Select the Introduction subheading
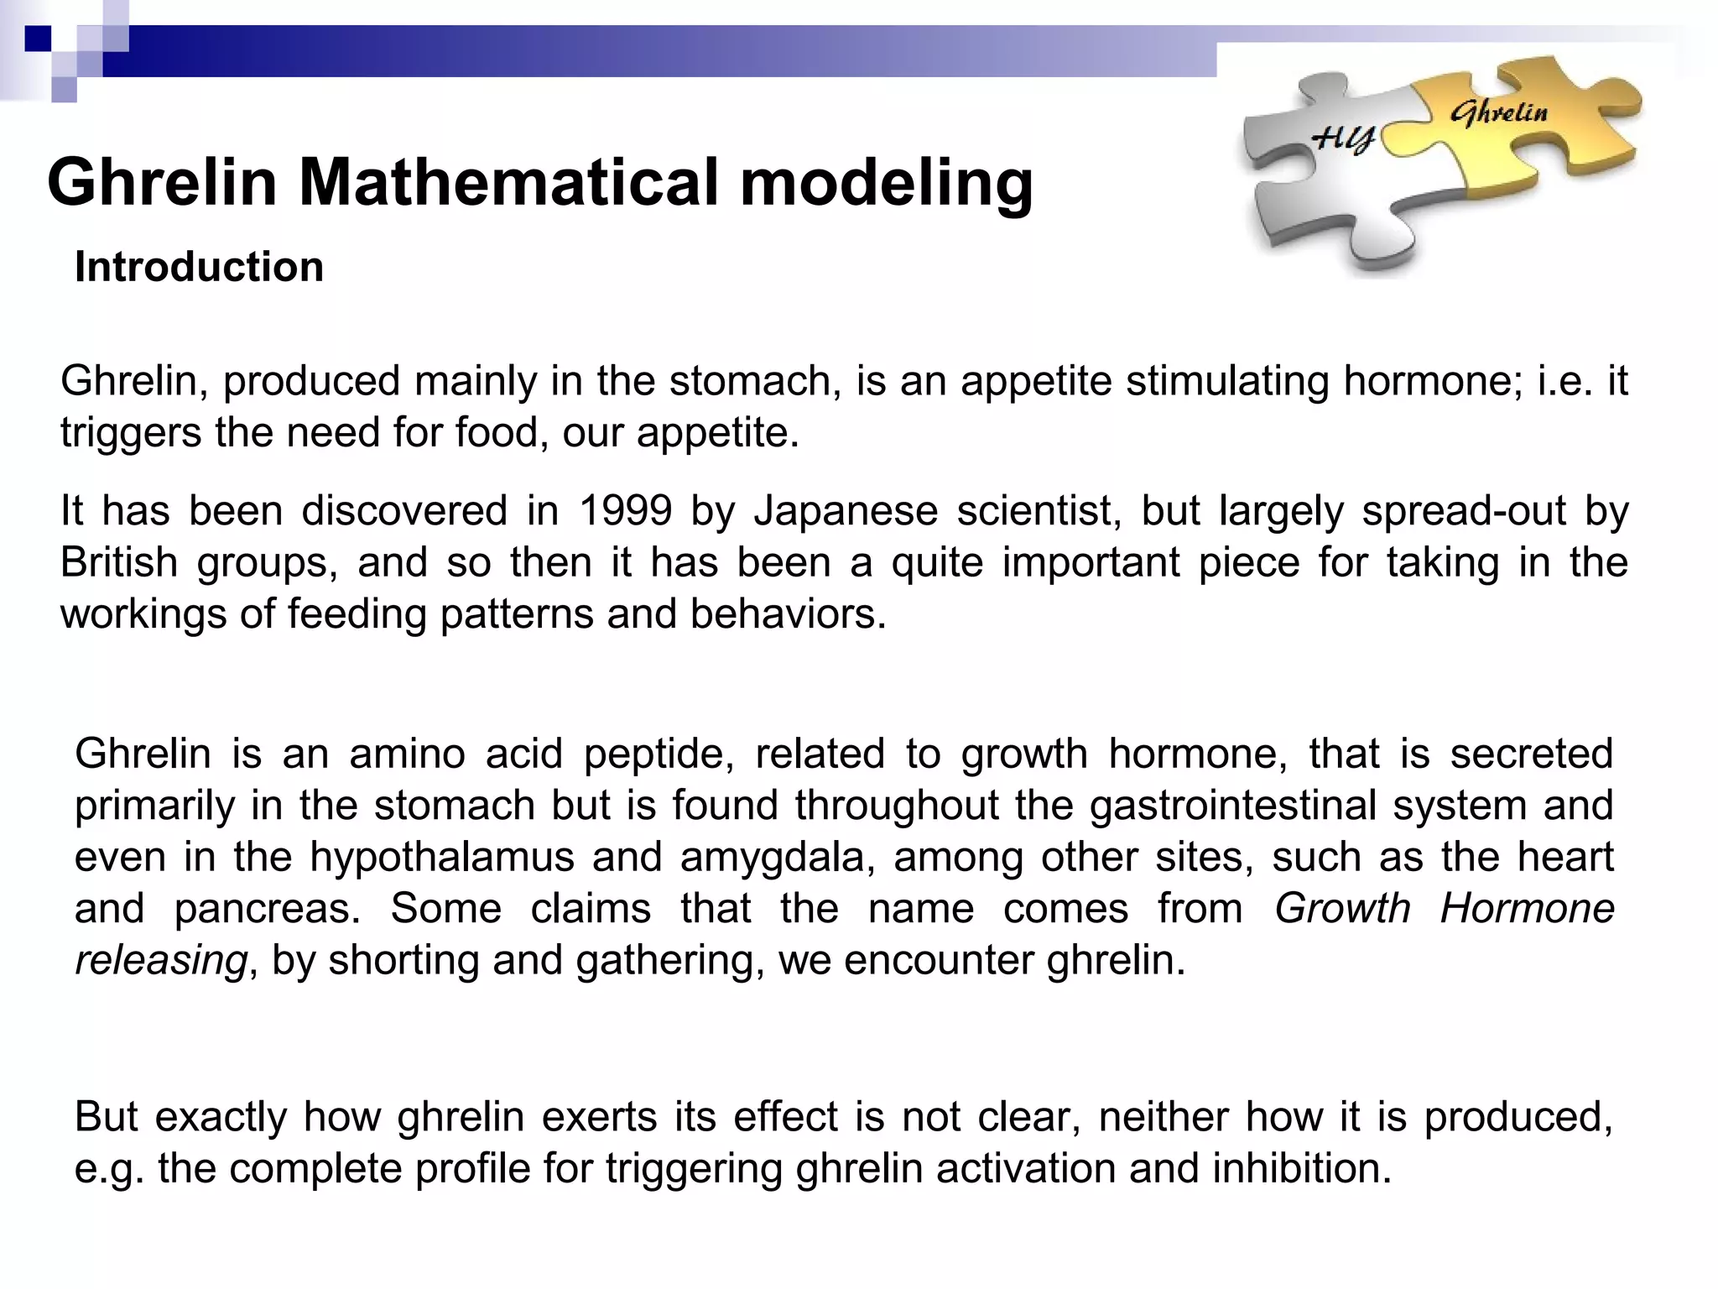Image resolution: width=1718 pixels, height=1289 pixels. point(199,267)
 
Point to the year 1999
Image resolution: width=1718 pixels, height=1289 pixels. point(626,511)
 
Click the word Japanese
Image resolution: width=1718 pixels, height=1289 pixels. point(846,511)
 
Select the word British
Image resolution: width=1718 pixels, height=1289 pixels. point(119,562)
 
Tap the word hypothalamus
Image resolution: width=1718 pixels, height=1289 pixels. point(442,858)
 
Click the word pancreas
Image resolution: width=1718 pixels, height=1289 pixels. point(268,909)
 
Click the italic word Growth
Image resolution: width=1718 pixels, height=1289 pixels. point(1342,909)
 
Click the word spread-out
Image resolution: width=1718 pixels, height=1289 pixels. point(1463,511)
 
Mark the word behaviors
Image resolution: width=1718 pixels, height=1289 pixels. point(788,614)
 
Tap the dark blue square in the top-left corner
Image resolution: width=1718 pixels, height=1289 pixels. point(38,39)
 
